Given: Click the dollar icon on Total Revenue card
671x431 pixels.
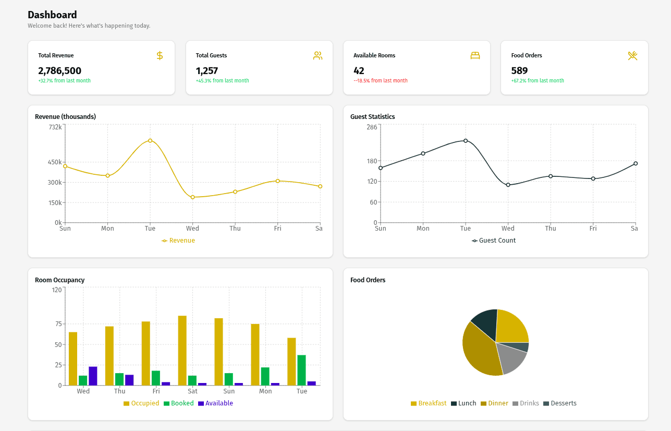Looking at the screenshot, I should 160,55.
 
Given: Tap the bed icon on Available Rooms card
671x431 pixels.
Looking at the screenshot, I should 474,55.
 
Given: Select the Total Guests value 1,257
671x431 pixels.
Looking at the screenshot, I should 207,70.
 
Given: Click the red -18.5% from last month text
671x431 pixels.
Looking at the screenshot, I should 381,81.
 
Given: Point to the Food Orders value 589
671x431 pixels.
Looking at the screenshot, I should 519,70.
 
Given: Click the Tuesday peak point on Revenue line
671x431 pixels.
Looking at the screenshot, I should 150,140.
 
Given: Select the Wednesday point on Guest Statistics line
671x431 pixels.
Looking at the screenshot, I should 508,185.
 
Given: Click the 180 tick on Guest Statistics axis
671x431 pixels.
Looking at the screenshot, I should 371,161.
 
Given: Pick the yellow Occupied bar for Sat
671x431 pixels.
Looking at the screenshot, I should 182,350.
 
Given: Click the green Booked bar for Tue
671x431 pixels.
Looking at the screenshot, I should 301,370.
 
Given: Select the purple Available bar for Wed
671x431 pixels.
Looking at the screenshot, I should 93,376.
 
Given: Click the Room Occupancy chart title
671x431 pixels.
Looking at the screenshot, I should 59,280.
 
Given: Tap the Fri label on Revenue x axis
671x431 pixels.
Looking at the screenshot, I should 277,229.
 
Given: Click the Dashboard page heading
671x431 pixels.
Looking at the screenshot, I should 52,15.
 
